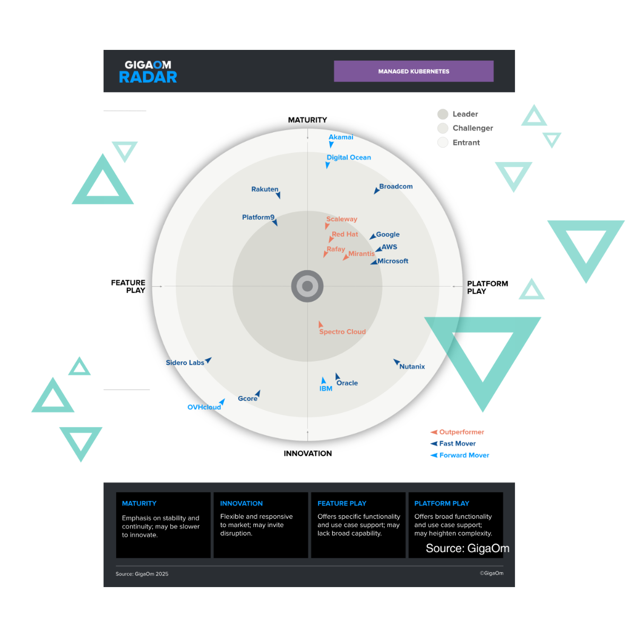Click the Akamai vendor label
coord(341,137)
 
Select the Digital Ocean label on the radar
coord(349,158)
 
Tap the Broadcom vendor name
coord(395,187)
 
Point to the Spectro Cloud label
coord(342,332)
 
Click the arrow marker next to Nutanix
coord(396,363)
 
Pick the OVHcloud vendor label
coord(204,407)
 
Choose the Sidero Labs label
coord(185,363)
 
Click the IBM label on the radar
coord(326,389)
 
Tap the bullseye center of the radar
coord(307,287)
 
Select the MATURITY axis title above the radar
coord(307,120)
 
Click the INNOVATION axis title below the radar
coord(307,453)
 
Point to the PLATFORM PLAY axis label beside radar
coord(487,287)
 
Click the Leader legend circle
coord(443,114)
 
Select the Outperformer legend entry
coord(461,432)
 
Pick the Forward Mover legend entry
coord(464,455)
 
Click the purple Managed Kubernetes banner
coord(414,71)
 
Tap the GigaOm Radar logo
coord(148,72)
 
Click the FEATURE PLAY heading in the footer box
coord(342,503)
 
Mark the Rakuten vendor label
coord(265,190)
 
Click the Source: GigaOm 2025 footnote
coord(142,574)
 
